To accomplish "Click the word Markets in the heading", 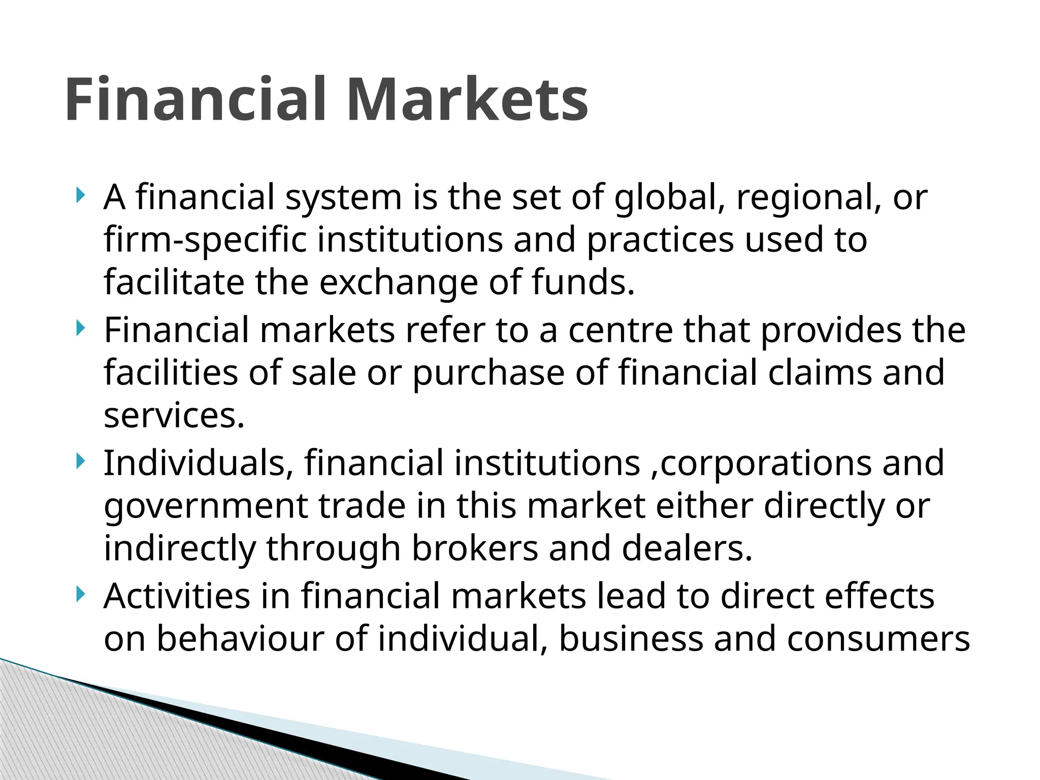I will pyautogui.click(x=467, y=100).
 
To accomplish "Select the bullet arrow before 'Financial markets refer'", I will pyautogui.click(x=80, y=329).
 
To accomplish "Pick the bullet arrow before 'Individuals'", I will pyautogui.click(x=80, y=462).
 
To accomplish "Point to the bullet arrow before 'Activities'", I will pyautogui.click(x=80, y=594).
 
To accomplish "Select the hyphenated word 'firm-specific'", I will pyautogui.click(x=205, y=241).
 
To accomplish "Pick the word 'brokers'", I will pyautogui.click(x=475, y=549).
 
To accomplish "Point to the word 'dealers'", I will pyautogui.click(x=687, y=549).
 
